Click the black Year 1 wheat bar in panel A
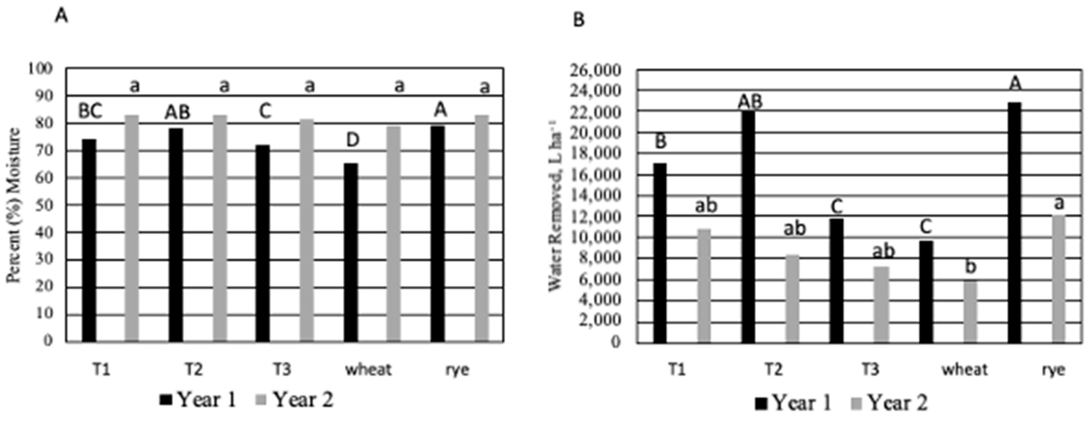pyautogui.click(x=351, y=252)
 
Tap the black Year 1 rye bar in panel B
pyautogui.click(x=1015, y=222)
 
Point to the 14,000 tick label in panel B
pyautogui.click(x=597, y=196)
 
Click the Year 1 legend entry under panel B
pyautogui.click(x=793, y=402)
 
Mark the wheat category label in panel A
pyautogui.click(x=368, y=369)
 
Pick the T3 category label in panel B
pyautogui.click(x=870, y=369)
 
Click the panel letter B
pyautogui.click(x=578, y=20)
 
